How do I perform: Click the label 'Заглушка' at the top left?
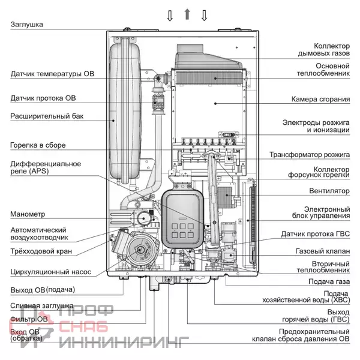[x=27, y=24]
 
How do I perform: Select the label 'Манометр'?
[x=28, y=214]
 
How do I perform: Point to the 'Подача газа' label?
[x=329, y=281]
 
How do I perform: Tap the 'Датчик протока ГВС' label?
[x=316, y=233]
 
